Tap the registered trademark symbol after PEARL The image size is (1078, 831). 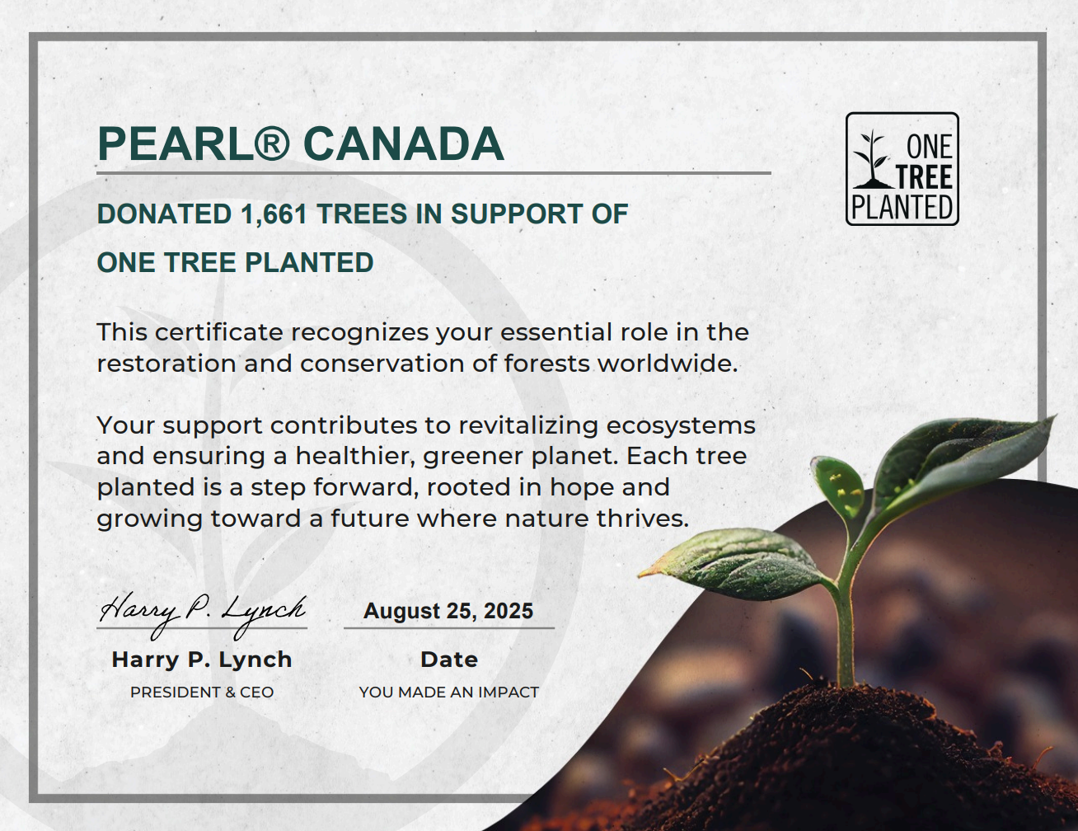click(x=271, y=144)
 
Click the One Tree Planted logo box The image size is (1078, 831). click(x=902, y=169)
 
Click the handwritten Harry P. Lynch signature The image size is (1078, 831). click(x=203, y=614)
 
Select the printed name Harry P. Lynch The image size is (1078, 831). click(x=202, y=660)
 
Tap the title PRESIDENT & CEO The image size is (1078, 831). click(x=202, y=692)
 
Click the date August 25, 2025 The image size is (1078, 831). click(x=448, y=611)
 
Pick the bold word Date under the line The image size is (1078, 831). click(x=449, y=660)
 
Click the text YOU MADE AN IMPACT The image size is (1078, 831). click(x=449, y=692)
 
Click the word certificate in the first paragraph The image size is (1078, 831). click(x=218, y=332)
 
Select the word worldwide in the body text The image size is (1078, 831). click(x=668, y=364)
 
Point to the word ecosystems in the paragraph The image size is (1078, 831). click(x=681, y=426)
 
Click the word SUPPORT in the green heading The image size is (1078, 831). click(x=517, y=214)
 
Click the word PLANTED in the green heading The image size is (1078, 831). click(x=309, y=262)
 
